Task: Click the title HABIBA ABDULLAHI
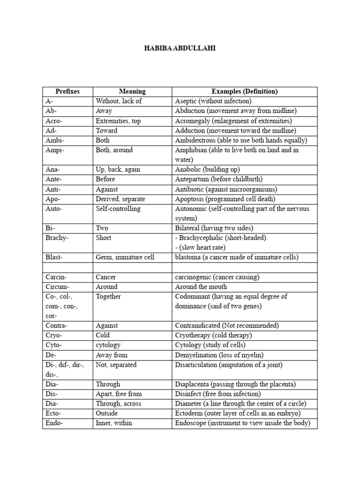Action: [x=180, y=48]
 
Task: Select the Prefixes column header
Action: [x=67, y=91]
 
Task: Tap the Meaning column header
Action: [x=132, y=91]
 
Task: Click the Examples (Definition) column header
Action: [x=244, y=91]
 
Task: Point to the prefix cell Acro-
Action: [x=54, y=121]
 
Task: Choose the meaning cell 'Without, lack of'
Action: [x=119, y=101]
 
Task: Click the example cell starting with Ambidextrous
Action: [x=240, y=141]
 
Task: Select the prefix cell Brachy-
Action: [x=57, y=238]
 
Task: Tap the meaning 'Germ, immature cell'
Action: [x=125, y=257]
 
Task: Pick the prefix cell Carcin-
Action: [x=56, y=277]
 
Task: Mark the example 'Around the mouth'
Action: [x=201, y=287]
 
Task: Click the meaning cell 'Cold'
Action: [x=103, y=335]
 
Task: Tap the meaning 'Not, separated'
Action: [x=116, y=365]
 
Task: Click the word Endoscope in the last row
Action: [x=191, y=423]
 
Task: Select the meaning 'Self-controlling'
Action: [x=118, y=209]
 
